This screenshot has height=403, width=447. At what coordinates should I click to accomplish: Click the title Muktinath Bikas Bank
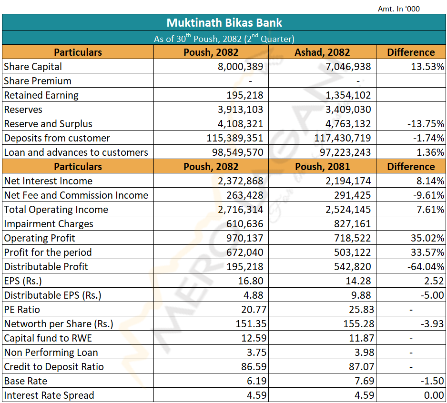click(224, 22)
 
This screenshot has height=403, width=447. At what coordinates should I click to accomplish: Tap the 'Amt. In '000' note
click(398, 9)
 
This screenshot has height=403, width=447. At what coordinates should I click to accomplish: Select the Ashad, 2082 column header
click(322, 52)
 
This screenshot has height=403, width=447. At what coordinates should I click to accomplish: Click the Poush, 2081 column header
click(322, 167)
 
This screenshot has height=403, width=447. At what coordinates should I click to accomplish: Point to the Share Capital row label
click(33, 67)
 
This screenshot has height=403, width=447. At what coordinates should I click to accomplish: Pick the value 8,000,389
click(240, 67)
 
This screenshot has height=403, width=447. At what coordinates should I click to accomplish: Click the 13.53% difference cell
click(427, 67)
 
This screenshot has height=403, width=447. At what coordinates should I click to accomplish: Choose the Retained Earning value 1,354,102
click(348, 95)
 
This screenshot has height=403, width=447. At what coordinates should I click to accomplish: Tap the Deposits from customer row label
click(57, 138)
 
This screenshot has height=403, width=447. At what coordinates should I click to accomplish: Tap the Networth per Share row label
click(59, 324)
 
